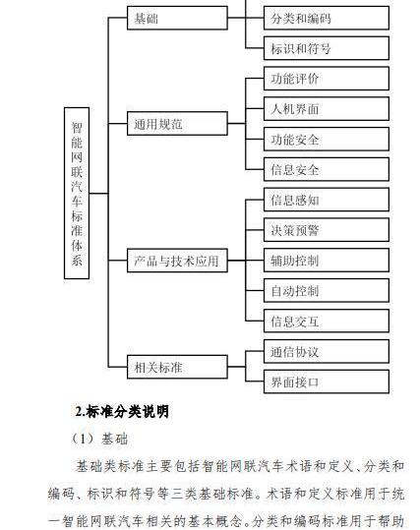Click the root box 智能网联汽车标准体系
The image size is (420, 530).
click(x=77, y=193)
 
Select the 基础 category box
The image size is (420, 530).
click(x=177, y=18)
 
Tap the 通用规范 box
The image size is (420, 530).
click(x=177, y=124)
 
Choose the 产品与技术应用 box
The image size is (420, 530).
click(x=177, y=261)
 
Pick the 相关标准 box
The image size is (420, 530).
click(x=177, y=367)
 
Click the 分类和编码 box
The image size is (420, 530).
click(x=327, y=18)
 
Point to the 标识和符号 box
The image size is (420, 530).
click(x=327, y=48)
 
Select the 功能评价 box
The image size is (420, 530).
click(x=327, y=79)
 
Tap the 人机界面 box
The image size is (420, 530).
click(x=327, y=109)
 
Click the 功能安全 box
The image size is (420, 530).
click(x=327, y=139)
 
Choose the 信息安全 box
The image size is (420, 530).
click(x=327, y=169)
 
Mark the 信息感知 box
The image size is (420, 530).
click(x=327, y=200)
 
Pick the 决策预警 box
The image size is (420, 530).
click(x=327, y=230)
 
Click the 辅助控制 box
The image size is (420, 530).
click(x=327, y=261)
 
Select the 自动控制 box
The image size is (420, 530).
click(x=327, y=290)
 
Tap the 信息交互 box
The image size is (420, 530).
click(x=327, y=321)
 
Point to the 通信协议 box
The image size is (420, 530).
click(x=327, y=352)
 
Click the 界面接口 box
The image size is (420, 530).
click(x=327, y=382)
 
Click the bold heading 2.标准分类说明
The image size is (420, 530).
click(x=122, y=411)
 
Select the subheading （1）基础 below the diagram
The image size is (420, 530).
click(x=99, y=440)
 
